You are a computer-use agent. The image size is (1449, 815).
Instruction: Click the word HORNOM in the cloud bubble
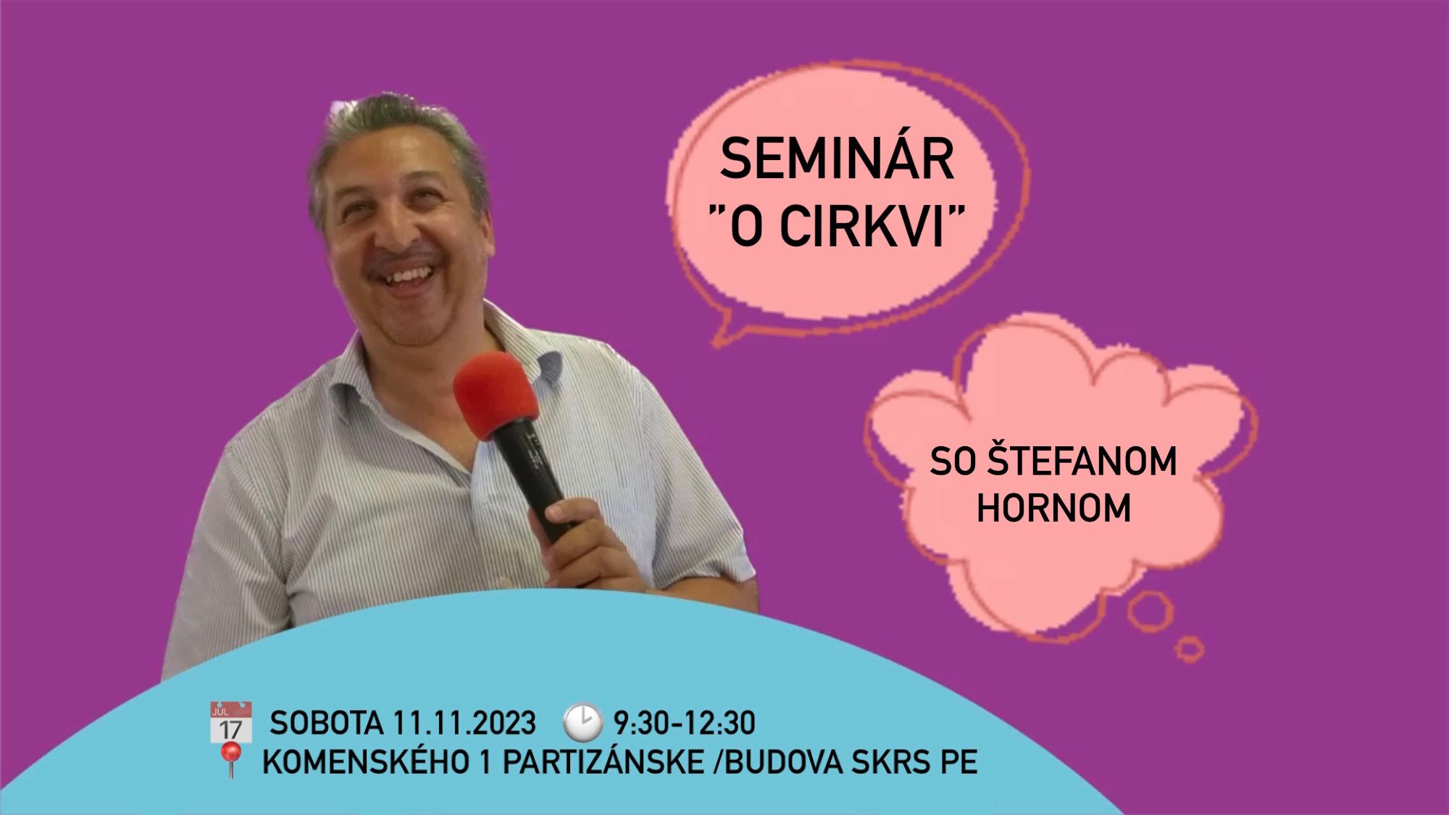1053,508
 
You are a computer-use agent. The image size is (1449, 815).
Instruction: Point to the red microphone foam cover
496,396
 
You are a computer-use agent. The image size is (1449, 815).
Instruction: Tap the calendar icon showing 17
230,722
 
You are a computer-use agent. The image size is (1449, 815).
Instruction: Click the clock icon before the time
582,722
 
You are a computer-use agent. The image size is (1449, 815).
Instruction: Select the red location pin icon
230,761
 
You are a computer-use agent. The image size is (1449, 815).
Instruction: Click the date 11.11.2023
464,723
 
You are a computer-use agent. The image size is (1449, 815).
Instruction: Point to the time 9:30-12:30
685,723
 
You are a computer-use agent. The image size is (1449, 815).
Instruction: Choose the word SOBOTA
326,723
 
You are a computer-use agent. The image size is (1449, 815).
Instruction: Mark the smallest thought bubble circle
1189,648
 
